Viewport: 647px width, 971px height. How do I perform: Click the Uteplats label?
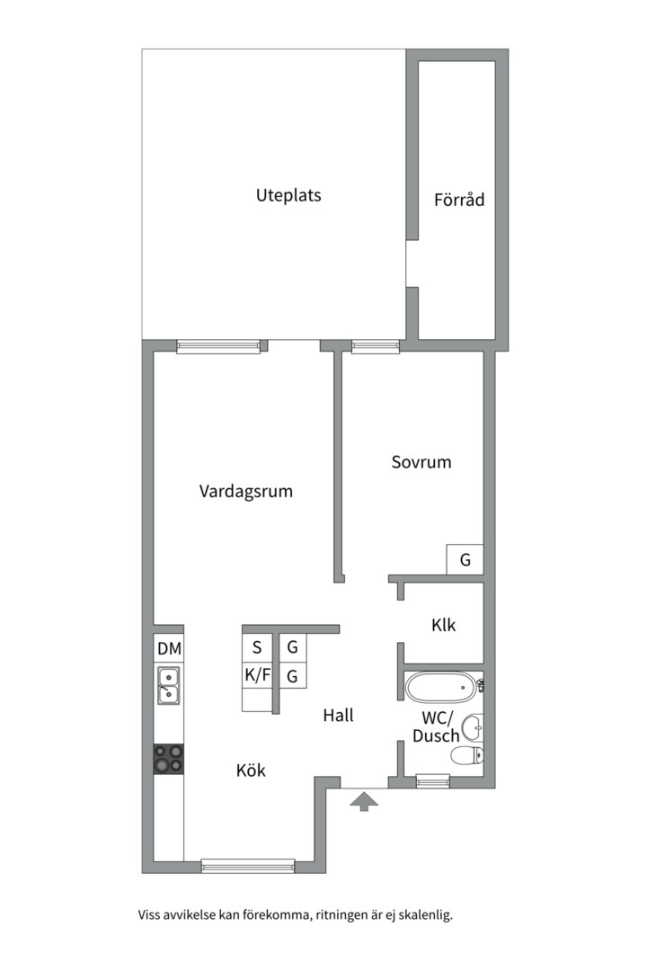click(288, 195)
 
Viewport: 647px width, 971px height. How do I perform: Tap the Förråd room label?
click(458, 200)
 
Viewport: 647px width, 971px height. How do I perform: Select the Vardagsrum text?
click(245, 492)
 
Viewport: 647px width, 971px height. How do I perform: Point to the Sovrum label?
click(421, 462)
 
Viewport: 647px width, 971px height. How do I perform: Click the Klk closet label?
click(443, 624)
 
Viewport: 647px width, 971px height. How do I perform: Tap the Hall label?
click(339, 716)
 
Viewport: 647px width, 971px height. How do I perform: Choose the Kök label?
click(251, 771)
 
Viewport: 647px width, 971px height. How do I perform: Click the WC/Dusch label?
click(437, 726)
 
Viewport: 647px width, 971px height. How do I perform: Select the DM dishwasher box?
click(169, 648)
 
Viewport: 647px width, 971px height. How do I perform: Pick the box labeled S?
click(257, 646)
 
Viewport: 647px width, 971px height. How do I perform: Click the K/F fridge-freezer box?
click(257, 674)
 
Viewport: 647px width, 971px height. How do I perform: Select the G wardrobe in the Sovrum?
click(465, 560)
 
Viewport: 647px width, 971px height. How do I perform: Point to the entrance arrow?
click(363, 801)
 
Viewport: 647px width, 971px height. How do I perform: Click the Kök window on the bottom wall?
click(248, 866)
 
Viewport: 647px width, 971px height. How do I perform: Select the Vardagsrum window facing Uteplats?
click(217, 346)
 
